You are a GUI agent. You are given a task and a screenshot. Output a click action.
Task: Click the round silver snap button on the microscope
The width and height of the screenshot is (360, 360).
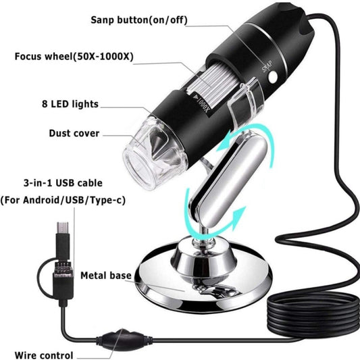click(273, 77)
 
